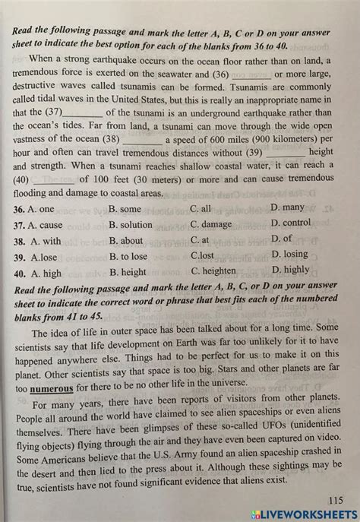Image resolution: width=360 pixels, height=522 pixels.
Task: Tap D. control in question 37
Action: point(291,223)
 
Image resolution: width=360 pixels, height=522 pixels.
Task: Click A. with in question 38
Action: point(45,241)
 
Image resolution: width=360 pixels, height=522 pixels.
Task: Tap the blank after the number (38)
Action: point(141,141)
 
